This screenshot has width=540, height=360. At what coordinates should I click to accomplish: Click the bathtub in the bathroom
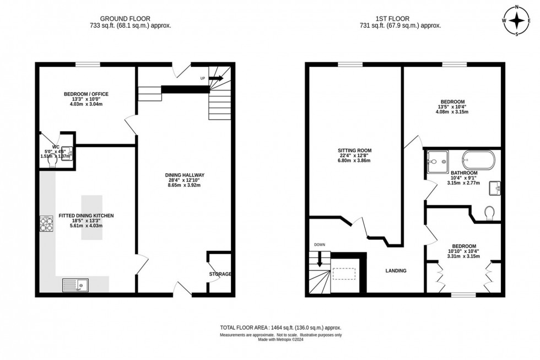tap(479, 160)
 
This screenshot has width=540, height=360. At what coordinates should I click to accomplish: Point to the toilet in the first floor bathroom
tap(488, 212)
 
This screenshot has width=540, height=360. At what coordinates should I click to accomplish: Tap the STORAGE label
tap(220, 274)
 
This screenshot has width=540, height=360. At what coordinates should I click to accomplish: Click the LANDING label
tap(396, 271)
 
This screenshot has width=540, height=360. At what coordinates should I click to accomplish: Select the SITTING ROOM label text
tap(355, 150)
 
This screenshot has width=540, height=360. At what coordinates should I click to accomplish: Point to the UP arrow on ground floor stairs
tap(215, 79)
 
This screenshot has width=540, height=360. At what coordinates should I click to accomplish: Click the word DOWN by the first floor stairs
tap(320, 244)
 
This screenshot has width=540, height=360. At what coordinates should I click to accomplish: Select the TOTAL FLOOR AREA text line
tap(281, 327)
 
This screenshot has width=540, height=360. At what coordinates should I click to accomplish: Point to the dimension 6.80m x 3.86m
tap(355, 161)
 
